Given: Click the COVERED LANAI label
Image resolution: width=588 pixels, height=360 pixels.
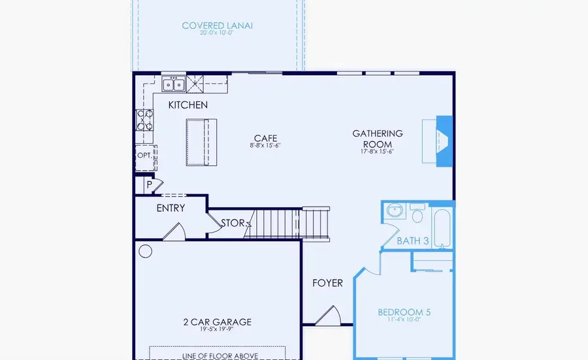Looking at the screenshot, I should [x=218, y=26].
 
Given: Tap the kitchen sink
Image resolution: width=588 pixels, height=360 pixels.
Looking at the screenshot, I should [x=174, y=84].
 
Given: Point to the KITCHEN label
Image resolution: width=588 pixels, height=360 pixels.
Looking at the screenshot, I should [x=188, y=105].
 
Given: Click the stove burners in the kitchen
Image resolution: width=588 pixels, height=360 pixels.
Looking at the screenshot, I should [x=144, y=122].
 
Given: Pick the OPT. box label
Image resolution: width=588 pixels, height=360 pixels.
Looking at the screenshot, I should [x=144, y=156].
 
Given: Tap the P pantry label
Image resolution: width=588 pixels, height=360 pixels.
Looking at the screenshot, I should [x=150, y=186].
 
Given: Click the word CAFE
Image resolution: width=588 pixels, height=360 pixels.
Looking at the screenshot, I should [x=266, y=139].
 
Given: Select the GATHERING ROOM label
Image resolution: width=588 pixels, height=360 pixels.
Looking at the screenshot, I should [x=378, y=139].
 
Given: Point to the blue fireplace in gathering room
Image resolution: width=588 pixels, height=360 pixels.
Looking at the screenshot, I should [x=444, y=138].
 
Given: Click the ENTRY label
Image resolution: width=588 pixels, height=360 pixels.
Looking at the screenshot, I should [x=171, y=208].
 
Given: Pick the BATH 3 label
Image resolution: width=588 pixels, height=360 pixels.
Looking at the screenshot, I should [x=413, y=241].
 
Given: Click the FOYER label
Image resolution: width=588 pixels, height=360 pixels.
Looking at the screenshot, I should [x=327, y=283].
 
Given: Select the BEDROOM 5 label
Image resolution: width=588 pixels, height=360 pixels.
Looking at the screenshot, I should [x=404, y=312].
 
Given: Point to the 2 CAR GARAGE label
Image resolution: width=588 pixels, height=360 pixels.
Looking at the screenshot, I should [x=218, y=322].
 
